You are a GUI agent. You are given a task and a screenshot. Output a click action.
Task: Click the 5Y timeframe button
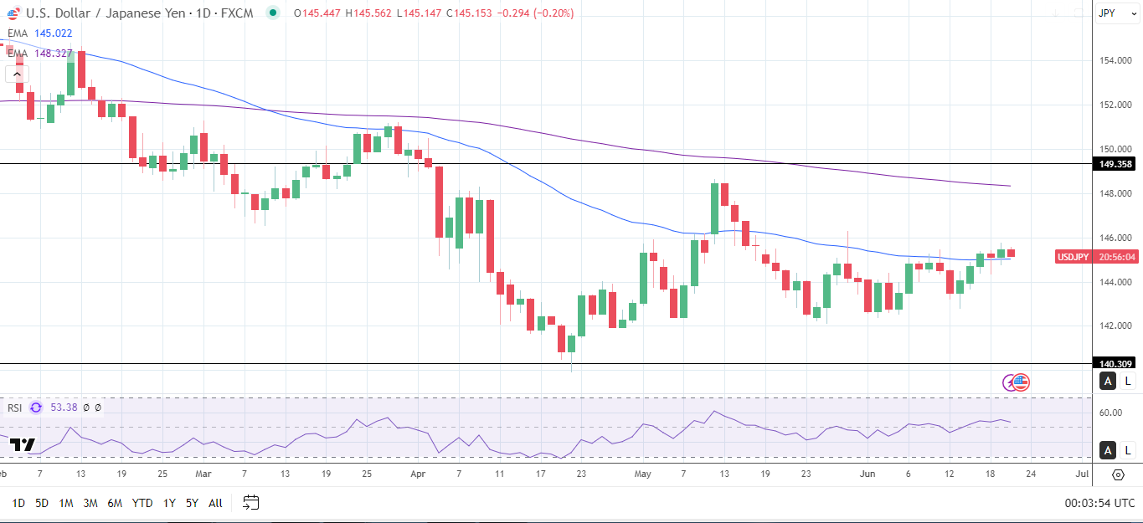tap(192, 503)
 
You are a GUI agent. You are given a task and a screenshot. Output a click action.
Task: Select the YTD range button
tap(142, 503)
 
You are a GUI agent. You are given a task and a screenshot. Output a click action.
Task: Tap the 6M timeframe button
tap(115, 503)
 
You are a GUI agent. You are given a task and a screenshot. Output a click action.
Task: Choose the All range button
tap(215, 503)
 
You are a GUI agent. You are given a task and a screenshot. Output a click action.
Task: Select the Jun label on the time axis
tap(868, 474)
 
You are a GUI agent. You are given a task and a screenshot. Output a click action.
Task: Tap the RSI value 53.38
tap(64, 408)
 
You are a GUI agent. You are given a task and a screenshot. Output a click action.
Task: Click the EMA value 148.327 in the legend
tap(54, 53)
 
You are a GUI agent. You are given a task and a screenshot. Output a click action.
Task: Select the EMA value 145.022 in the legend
tap(54, 33)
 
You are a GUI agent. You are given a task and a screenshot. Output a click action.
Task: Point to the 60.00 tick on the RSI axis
tap(1110, 413)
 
